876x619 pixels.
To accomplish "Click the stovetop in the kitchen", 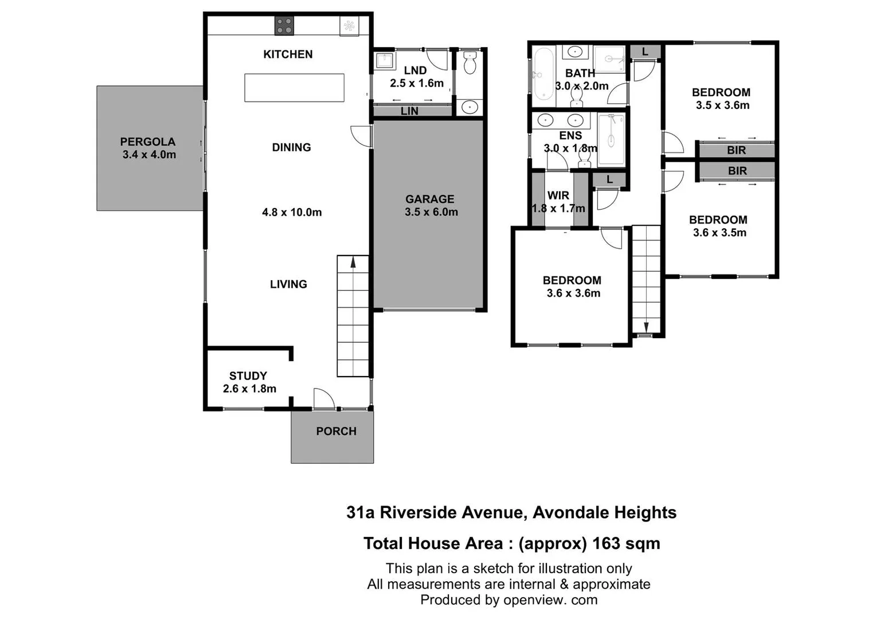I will (x=284, y=26).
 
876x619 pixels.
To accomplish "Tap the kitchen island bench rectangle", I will (x=294, y=88).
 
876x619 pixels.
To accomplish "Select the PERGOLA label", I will (x=148, y=142).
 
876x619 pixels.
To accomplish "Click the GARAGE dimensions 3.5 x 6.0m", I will (x=431, y=212).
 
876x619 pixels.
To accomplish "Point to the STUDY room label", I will (x=248, y=376).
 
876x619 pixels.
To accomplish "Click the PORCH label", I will (x=336, y=431).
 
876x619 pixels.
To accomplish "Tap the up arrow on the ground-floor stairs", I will (x=353, y=263).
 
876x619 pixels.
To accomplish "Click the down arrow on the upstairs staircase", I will (x=646, y=327).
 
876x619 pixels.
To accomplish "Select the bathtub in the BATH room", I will (x=542, y=74).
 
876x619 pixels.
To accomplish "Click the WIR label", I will (x=558, y=195).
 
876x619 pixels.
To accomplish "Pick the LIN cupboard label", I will (x=409, y=111).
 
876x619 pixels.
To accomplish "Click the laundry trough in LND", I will (x=383, y=60).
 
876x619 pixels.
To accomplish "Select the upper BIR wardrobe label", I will (x=736, y=150).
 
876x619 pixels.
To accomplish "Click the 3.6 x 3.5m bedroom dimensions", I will (x=719, y=233).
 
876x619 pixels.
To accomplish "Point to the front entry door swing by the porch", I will (x=323, y=398).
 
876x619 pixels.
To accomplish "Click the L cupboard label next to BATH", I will (x=645, y=52).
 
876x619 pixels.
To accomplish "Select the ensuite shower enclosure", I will (x=611, y=139).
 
